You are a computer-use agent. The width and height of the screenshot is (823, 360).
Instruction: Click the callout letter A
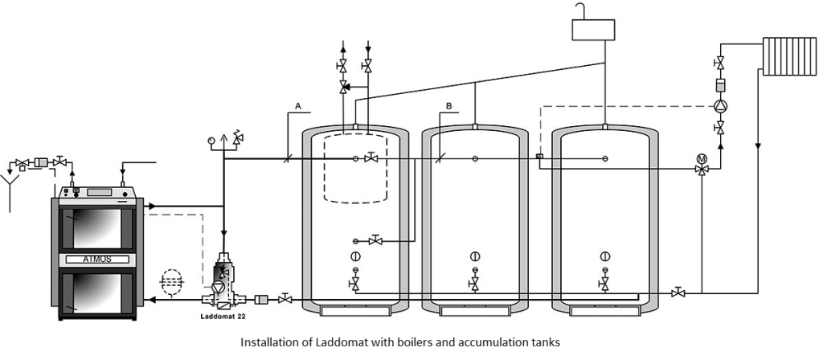pos(298,106)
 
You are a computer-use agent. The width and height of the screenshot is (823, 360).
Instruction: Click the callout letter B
pos(448,106)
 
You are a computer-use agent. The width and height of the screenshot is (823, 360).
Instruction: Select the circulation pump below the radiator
pos(721,105)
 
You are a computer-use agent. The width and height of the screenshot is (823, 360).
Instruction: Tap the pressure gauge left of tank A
pos(211,138)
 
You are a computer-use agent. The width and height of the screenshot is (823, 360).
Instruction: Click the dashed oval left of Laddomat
pos(170,282)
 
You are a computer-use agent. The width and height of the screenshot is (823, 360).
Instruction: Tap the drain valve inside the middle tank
pos(474,284)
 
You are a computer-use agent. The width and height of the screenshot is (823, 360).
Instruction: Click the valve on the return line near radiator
pos(679,292)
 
